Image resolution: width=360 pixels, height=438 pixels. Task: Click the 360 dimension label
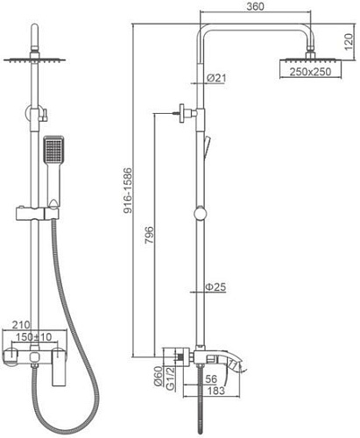(x=255, y=6)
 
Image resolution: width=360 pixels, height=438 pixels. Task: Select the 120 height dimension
(x=349, y=42)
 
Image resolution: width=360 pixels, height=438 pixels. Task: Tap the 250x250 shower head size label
(x=310, y=72)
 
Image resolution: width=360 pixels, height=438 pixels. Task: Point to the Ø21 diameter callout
(x=216, y=78)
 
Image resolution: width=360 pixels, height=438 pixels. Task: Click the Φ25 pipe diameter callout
(x=215, y=286)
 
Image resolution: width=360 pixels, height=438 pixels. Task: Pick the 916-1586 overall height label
(x=128, y=190)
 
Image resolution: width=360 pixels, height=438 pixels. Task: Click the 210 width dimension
(x=21, y=325)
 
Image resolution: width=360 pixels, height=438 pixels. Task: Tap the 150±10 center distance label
(x=33, y=336)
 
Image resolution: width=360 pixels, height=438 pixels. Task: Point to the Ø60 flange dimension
(x=158, y=376)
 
